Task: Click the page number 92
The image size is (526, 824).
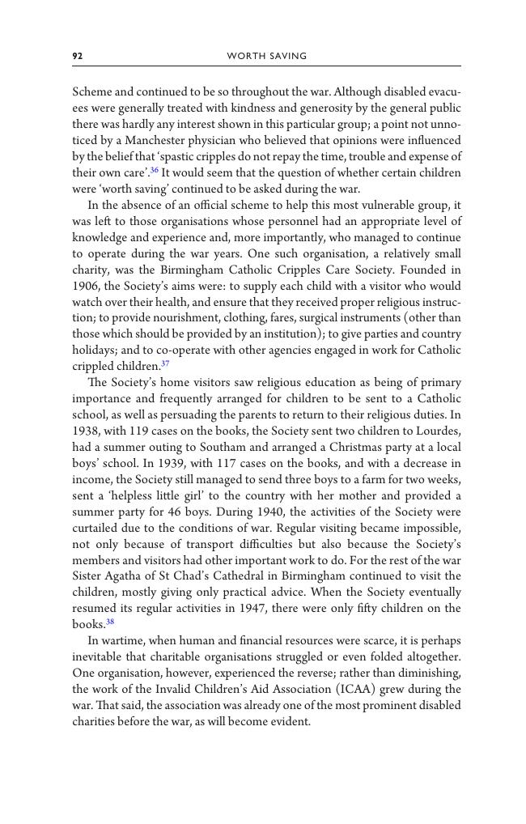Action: (x=78, y=56)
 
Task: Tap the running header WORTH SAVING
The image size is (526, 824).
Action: (x=266, y=56)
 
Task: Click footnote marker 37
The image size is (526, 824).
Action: (x=165, y=364)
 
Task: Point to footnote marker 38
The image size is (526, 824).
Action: (x=111, y=622)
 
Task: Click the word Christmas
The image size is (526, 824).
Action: (x=353, y=447)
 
